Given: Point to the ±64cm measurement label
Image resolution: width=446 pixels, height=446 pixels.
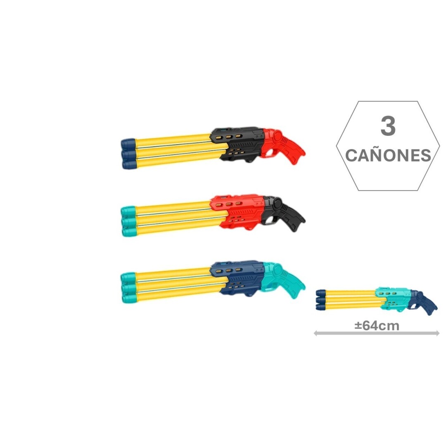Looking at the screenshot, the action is (377, 325).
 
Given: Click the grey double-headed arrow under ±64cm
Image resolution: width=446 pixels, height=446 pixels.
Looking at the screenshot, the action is (377, 333).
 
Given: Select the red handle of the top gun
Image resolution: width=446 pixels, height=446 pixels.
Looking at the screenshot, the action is (285, 145).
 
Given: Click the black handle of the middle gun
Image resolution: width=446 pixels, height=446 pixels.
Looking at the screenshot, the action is (285, 212).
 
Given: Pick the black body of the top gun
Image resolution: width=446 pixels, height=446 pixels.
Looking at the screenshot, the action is (237, 145).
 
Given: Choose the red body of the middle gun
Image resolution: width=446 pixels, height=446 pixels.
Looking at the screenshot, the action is (237, 212).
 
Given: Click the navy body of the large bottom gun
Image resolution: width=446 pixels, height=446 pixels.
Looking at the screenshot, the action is (237, 279).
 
